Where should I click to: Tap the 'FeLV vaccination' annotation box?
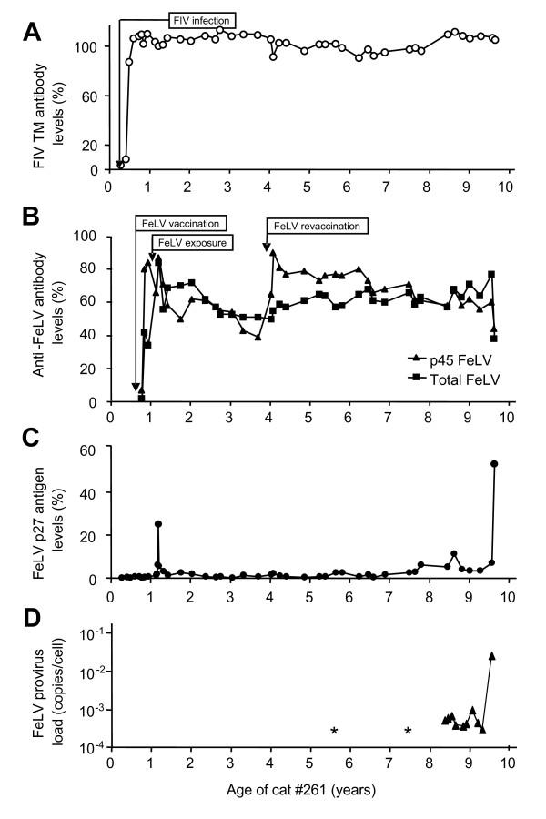[181, 223]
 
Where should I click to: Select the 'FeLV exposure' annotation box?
[191, 242]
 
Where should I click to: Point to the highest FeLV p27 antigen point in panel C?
[494, 463]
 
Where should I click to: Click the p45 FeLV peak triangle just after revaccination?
[273, 253]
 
